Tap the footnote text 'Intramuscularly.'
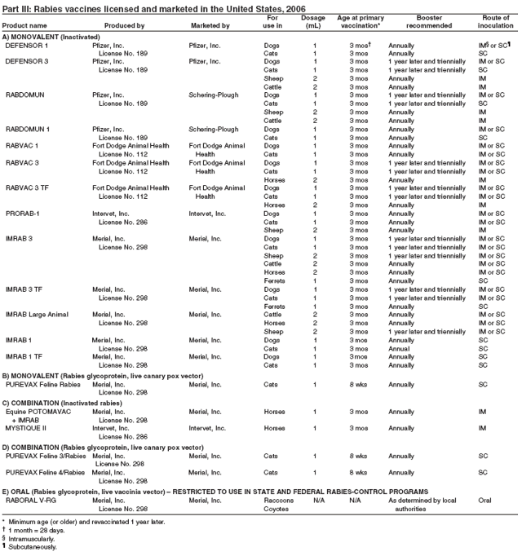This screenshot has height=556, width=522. [33, 539]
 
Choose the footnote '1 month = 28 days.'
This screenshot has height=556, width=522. [38, 530]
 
